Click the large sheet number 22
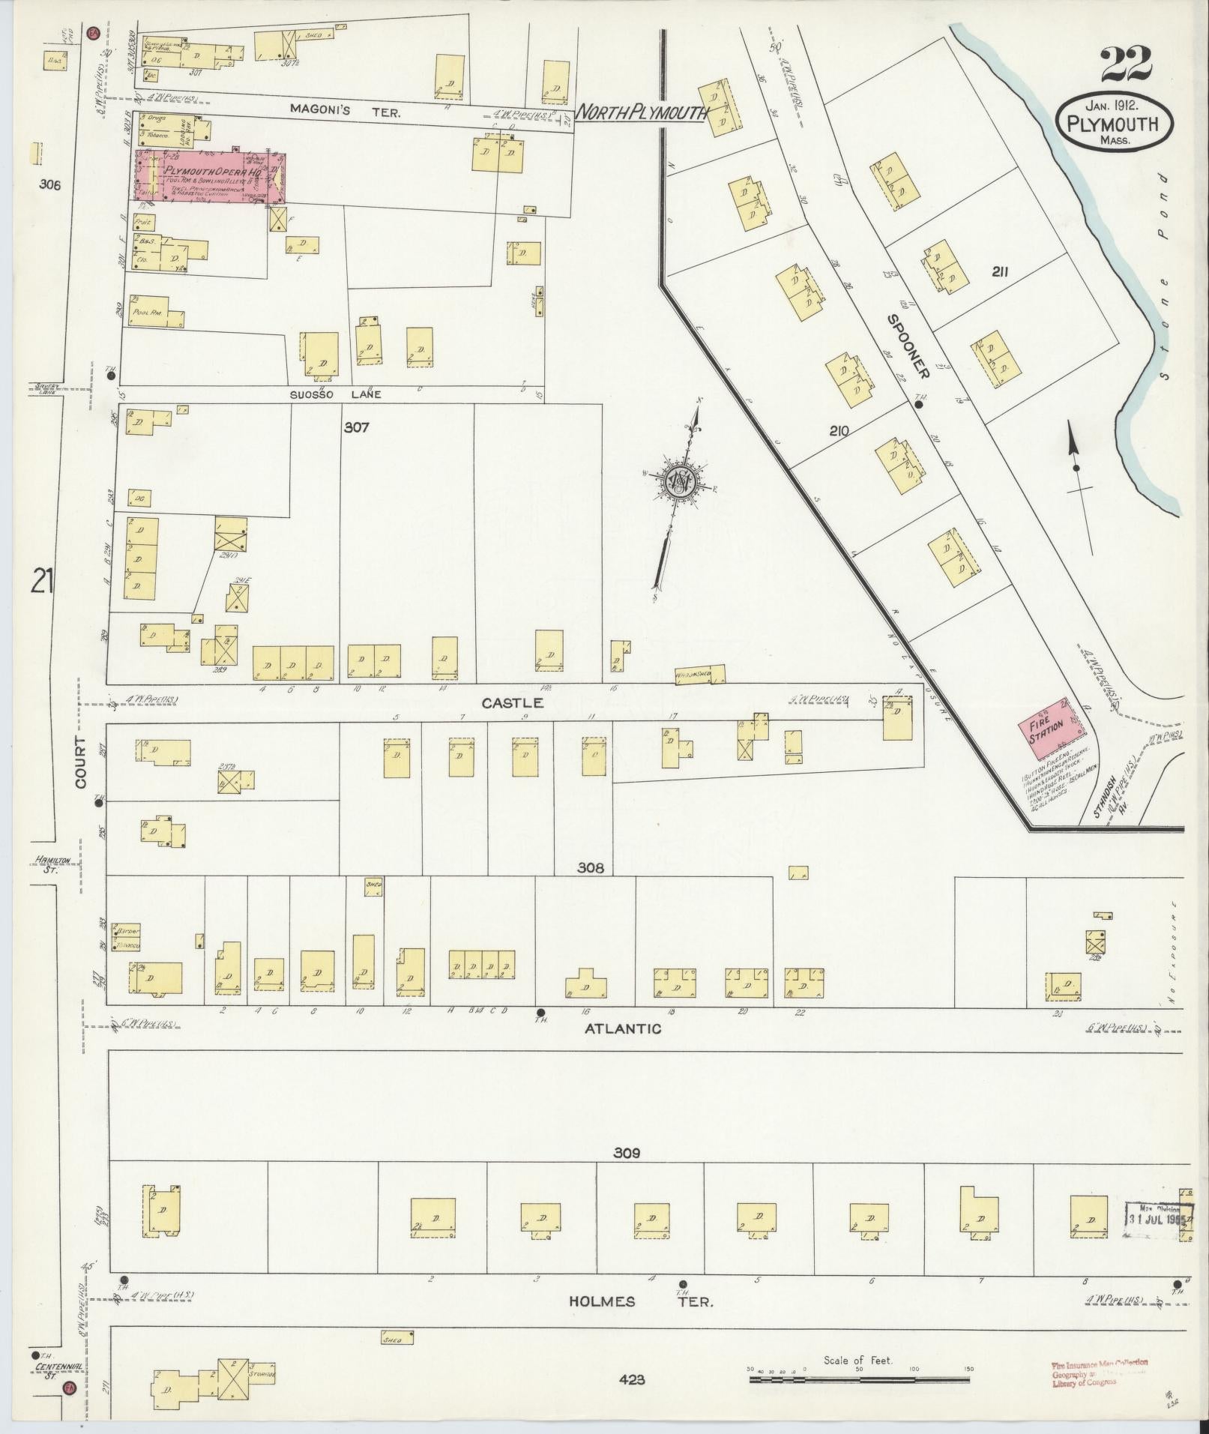pyautogui.click(x=1127, y=66)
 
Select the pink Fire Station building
pyautogui.click(x=1047, y=727)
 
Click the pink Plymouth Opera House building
pyautogui.click(x=211, y=177)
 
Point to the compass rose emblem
pyautogui.click(x=680, y=481)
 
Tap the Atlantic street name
pyautogui.click(x=623, y=1029)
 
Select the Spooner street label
pyautogui.click(x=908, y=346)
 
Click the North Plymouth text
pyautogui.click(x=643, y=113)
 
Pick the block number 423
pyautogui.click(x=633, y=1379)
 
